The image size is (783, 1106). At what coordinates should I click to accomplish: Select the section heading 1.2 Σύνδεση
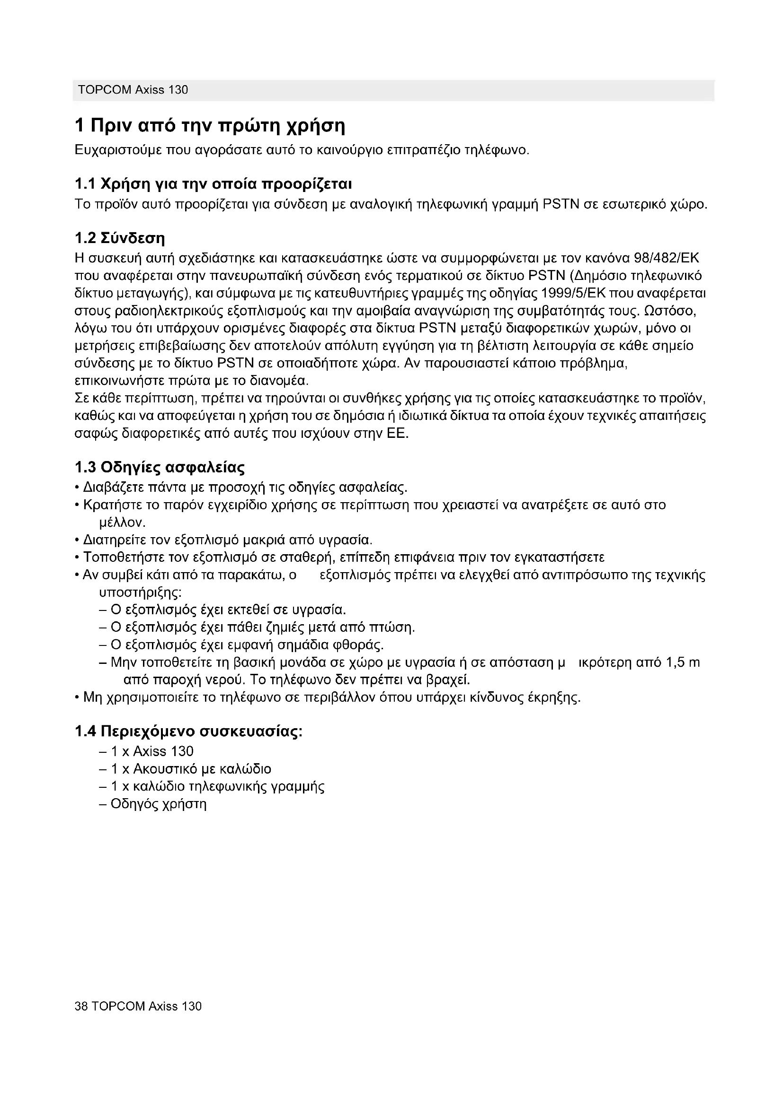point(120,238)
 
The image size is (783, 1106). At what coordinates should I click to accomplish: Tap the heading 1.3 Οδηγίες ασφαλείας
point(160,467)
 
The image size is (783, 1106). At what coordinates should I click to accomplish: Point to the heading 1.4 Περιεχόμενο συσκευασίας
point(188,732)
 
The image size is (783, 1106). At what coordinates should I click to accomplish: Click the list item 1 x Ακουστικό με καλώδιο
point(191,769)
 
